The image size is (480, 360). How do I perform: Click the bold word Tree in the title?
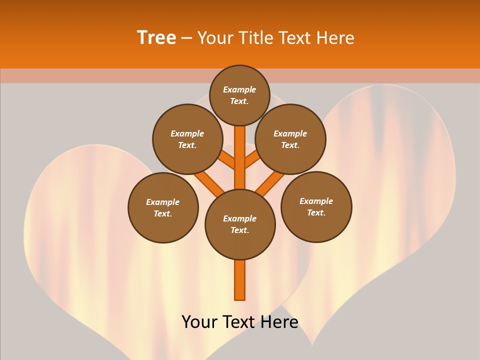click(156, 37)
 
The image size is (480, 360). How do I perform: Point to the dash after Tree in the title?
click(186, 38)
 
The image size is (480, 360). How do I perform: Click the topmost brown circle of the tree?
click(239, 95)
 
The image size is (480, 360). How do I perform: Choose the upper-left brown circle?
click(187, 139)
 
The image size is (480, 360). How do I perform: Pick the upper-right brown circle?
click(290, 139)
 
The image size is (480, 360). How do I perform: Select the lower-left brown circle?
click(163, 207)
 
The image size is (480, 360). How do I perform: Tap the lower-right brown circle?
click(316, 206)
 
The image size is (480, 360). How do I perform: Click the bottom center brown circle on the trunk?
click(240, 224)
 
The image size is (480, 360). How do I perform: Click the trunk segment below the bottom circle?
click(240, 280)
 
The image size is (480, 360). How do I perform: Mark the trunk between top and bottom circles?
click(240, 157)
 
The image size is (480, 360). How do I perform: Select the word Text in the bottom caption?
click(238, 322)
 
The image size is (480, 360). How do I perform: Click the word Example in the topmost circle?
click(239, 89)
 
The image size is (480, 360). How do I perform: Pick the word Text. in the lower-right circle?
click(316, 212)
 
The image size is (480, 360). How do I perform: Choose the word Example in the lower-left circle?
click(163, 202)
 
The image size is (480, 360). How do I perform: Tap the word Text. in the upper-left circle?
click(187, 145)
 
